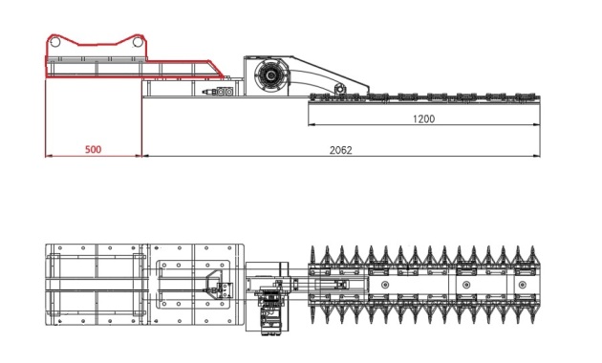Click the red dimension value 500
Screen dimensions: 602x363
(x=94, y=149)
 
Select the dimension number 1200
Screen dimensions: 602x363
(x=424, y=119)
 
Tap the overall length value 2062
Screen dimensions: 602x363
(x=340, y=150)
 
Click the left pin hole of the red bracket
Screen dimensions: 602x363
(x=55, y=41)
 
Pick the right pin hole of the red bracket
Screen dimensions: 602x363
(x=138, y=41)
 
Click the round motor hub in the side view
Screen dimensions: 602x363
(x=271, y=75)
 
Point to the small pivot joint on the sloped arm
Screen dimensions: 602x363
(x=339, y=89)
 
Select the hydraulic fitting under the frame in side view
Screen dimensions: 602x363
(x=218, y=92)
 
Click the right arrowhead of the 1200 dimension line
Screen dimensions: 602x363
(x=536, y=124)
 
